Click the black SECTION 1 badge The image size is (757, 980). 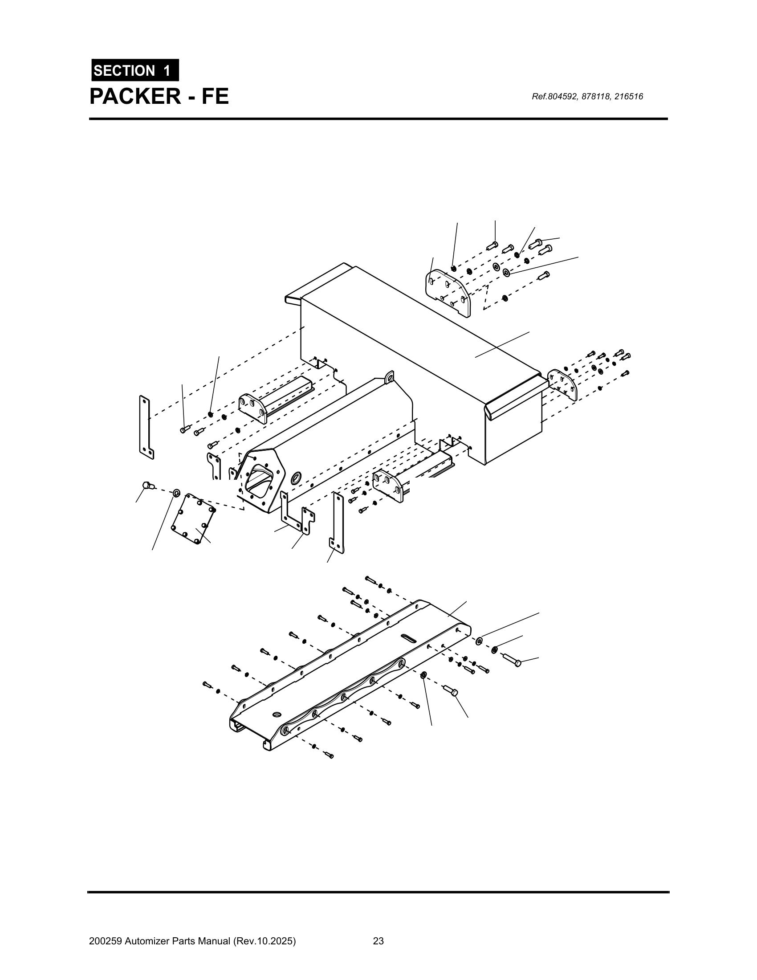click(135, 70)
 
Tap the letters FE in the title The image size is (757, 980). click(214, 97)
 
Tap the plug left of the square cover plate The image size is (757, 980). click(147, 485)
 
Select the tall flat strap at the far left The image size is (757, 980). click(146, 427)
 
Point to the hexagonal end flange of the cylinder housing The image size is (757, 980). click(261, 481)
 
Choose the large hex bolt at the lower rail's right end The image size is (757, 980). click(512, 660)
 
